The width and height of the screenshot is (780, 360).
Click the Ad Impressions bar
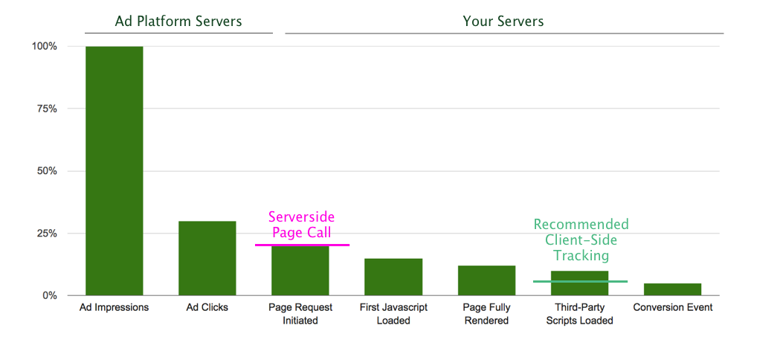tap(115, 171)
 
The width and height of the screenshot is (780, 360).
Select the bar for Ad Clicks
tap(207, 258)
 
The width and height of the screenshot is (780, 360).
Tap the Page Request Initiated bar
tap(300, 271)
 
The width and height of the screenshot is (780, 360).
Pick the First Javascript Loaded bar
tap(393, 277)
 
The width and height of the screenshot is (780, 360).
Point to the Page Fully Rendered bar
tap(486, 280)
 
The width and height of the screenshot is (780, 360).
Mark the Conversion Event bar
tap(672, 289)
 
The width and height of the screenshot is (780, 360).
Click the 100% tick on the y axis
tap(44, 46)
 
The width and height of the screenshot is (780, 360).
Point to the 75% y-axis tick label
tap(45, 109)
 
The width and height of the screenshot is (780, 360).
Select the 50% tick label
tap(45, 171)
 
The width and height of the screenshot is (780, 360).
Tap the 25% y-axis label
tap(45, 234)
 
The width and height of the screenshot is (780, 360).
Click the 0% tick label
tap(48, 295)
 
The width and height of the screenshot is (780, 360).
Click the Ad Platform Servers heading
tap(178, 21)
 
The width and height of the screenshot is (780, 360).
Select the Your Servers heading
tap(503, 21)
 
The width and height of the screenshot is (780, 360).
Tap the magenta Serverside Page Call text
tap(301, 225)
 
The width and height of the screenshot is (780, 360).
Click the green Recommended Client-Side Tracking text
tap(581, 240)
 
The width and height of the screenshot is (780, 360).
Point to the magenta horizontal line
tap(302, 245)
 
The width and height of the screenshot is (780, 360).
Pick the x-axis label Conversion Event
tap(672, 307)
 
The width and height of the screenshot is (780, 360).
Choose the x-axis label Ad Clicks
tap(207, 307)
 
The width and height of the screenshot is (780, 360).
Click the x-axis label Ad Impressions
tap(115, 307)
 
